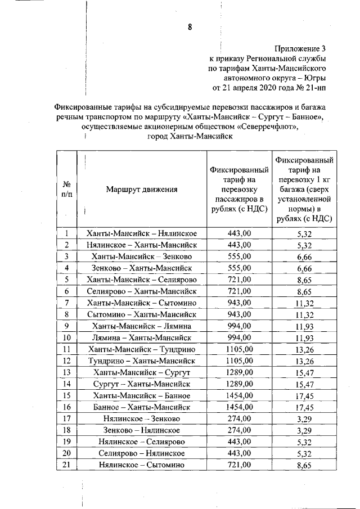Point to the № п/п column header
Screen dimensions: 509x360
click(66, 189)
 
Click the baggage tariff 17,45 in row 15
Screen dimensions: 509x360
click(304, 397)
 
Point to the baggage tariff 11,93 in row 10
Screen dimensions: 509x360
click(304, 339)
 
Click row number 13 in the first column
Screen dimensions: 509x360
click(66, 373)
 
